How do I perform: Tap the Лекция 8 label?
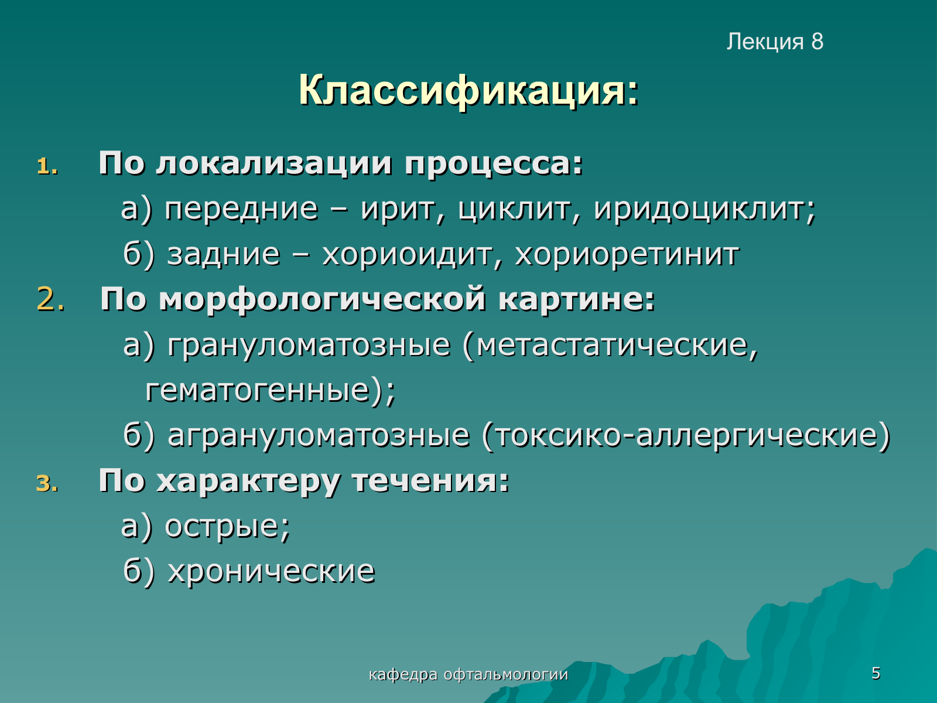click(x=775, y=42)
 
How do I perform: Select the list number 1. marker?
click(x=47, y=166)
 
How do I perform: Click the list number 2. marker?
click(x=51, y=299)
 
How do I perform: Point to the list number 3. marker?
click(x=47, y=484)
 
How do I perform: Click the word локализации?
click(x=273, y=164)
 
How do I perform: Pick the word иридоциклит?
click(x=705, y=210)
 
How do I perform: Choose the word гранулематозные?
click(x=309, y=345)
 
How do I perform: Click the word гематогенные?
click(x=258, y=391)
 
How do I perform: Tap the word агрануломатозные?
click(x=319, y=436)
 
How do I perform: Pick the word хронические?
click(x=271, y=572)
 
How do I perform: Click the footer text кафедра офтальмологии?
click(x=468, y=674)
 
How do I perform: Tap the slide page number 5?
click(x=876, y=673)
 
